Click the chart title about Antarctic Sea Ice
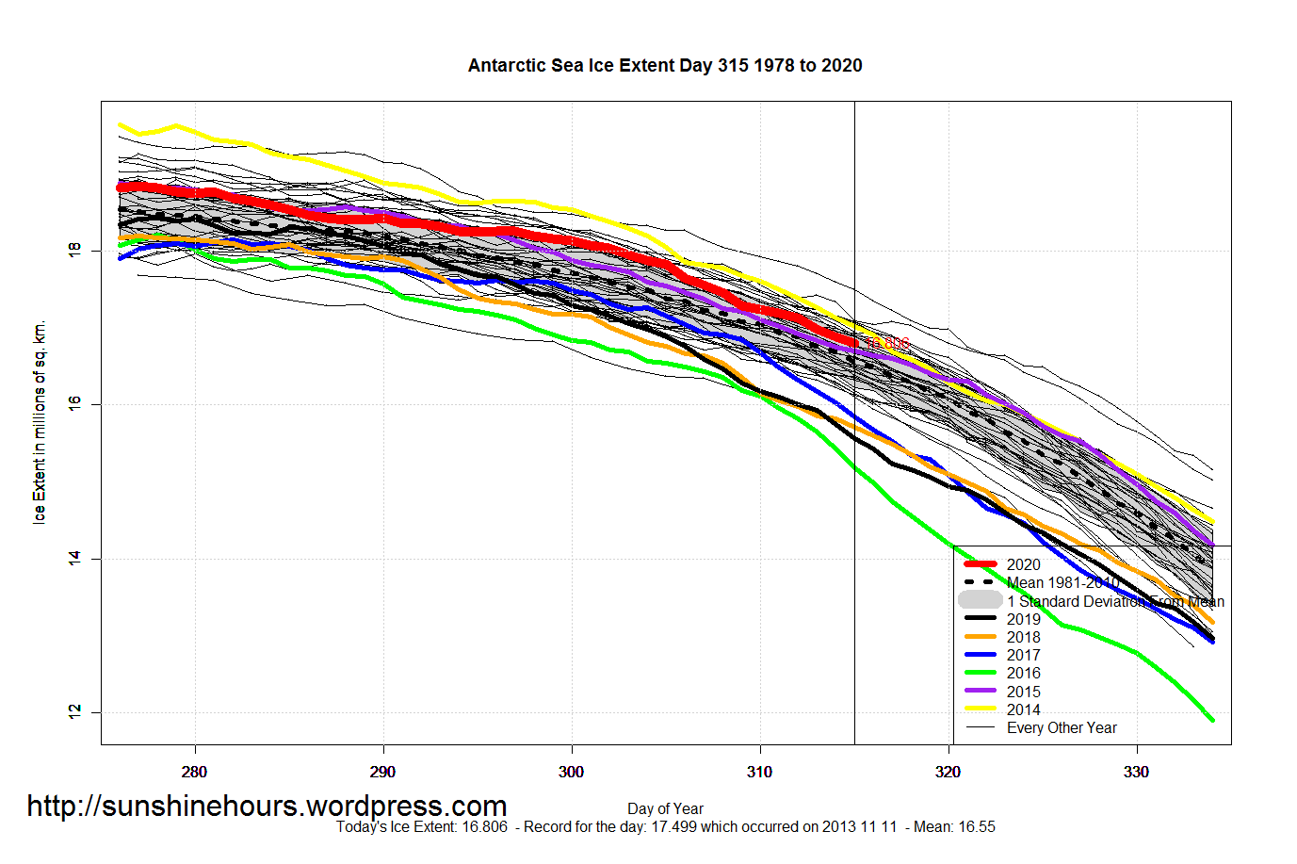[665, 65]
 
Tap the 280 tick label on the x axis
[194, 772]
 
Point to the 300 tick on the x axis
[571, 772]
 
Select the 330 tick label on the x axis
[1136, 772]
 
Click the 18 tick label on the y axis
[74, 250]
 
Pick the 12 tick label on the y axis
[74, 712]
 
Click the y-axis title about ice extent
[39, 422]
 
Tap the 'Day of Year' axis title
[665, 808]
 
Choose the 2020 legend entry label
[1023, 564]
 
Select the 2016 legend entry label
[1023, 673]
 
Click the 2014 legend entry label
[1023, 709]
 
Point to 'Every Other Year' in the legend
[1062, 727]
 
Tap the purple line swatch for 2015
[980, 692]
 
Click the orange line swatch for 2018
[980, 637]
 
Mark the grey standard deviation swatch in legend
[980, 600]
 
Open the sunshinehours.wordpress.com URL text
[267, 806]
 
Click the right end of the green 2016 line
[1212, 721]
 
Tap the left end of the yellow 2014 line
[120, 124]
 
